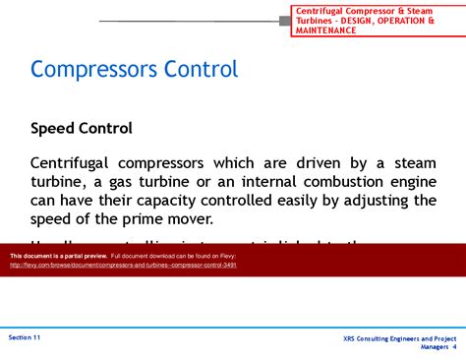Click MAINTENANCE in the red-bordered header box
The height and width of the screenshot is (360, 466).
326,30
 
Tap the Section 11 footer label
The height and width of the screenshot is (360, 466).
25,336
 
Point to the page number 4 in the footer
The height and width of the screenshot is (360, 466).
454,347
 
